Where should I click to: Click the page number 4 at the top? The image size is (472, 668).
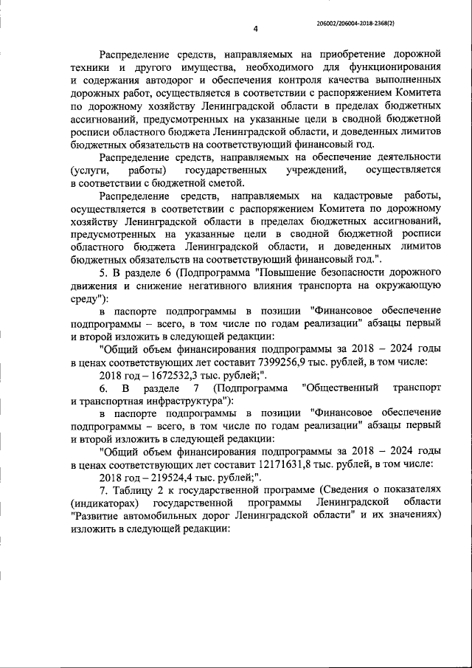255,29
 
